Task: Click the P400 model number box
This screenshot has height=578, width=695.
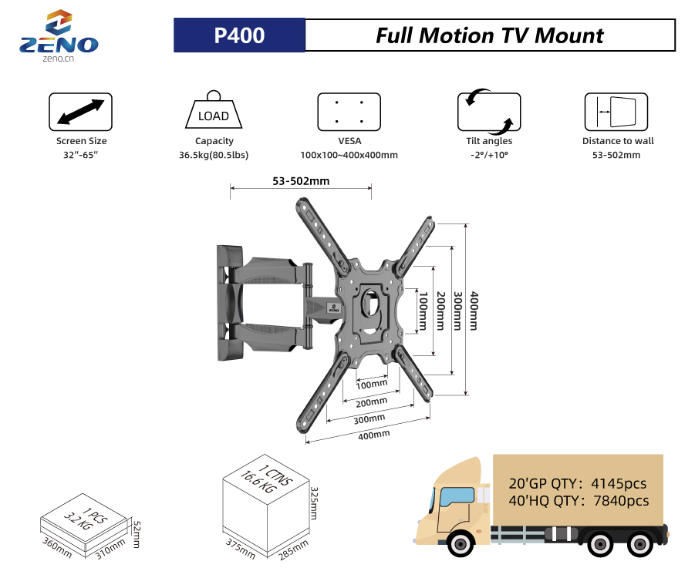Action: tap(239, 35)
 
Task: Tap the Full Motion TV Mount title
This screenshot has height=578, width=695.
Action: tap(490, 35)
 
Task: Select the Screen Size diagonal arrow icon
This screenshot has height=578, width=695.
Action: tap(81, 112)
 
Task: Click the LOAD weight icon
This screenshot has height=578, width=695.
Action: tap(214, 112)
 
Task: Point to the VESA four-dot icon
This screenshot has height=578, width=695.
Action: tap(349, 112)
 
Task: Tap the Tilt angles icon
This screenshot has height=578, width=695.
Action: tap(489, 112)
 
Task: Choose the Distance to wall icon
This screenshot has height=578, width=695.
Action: tap(616, 112)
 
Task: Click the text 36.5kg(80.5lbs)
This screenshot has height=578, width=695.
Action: tap(214, 156)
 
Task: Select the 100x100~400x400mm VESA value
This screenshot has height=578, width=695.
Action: tap(349, 156)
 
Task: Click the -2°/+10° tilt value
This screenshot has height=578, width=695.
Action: tap(489, 156)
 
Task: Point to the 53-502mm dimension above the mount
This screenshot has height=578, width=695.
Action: tap(301, 182)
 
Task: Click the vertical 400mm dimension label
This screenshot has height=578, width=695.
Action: tap(475, 310)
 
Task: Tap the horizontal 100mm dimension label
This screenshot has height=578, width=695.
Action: tap(373, 384)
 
